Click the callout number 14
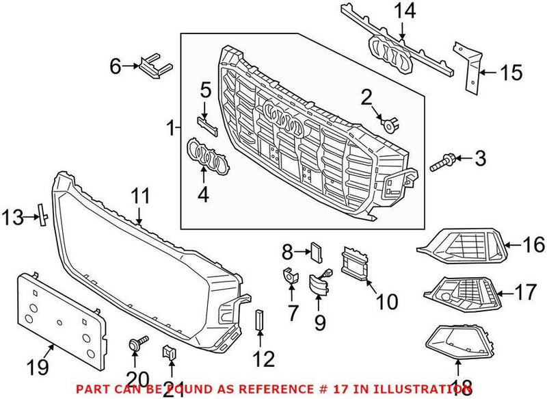[401, 12]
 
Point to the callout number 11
[140, 196]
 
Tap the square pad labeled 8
[317, 250]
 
